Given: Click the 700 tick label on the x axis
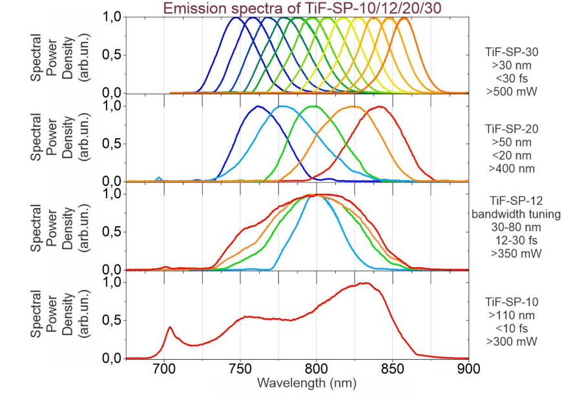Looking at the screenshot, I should coord(164,369).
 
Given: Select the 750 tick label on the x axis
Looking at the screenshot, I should coord(240,369).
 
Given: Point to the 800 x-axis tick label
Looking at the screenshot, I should coord(317,369).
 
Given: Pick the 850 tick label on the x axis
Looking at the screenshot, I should coord(393,369).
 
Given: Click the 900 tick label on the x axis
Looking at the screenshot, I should coord(468,369).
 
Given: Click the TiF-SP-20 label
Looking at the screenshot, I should coord(511,129).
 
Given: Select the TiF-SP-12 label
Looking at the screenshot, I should coord(511,202).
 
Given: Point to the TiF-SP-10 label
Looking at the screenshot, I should coord(511,302).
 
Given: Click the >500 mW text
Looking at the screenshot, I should coord(511,91).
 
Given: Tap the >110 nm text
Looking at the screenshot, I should coord(511,314).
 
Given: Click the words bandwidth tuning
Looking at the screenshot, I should coord(511,214).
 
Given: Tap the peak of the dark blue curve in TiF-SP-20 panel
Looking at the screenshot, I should coord(258,106).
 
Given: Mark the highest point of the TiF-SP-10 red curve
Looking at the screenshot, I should coord(366,283).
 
